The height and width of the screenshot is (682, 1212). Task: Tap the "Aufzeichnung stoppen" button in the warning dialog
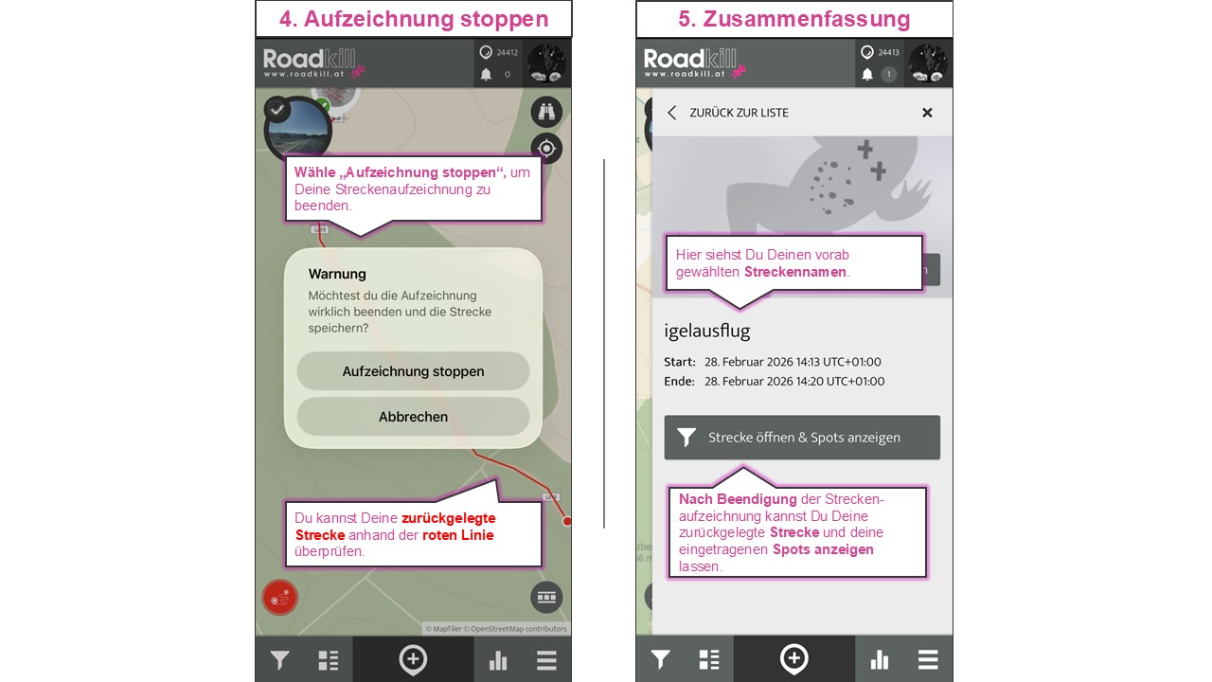[x=413, y=371]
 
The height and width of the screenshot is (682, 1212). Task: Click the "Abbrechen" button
[x=413, y=417]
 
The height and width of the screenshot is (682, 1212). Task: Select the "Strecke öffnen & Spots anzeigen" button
[x=802, y=438]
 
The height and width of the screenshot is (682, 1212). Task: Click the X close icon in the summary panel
[x=927, y=113]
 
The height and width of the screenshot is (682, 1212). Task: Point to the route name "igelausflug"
[x=707, y=331]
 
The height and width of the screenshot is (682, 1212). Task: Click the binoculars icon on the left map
[x=546, y=112]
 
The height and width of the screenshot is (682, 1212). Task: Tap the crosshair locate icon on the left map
[x=546, y=148]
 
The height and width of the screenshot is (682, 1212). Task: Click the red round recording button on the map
[x=280, y=598]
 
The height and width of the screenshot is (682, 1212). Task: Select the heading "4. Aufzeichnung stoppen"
[x=413, y=19]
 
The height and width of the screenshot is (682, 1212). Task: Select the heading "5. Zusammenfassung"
[x=793, y=19]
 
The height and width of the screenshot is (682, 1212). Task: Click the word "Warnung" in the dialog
[x=337, y=274]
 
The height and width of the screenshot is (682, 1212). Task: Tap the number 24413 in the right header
[x=888, y=52]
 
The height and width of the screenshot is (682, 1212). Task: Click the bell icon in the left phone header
[x=486, y=74]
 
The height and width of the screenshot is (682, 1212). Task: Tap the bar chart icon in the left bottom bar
[x=498, y=661]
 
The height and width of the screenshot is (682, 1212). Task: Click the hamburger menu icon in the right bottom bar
[x=928, y=660]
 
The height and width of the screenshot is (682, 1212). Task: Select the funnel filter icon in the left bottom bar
[x=279, y=660]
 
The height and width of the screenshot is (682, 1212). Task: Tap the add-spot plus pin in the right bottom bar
[x=793, y=659]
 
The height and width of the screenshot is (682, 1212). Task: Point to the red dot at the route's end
[x=567, y=521]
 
